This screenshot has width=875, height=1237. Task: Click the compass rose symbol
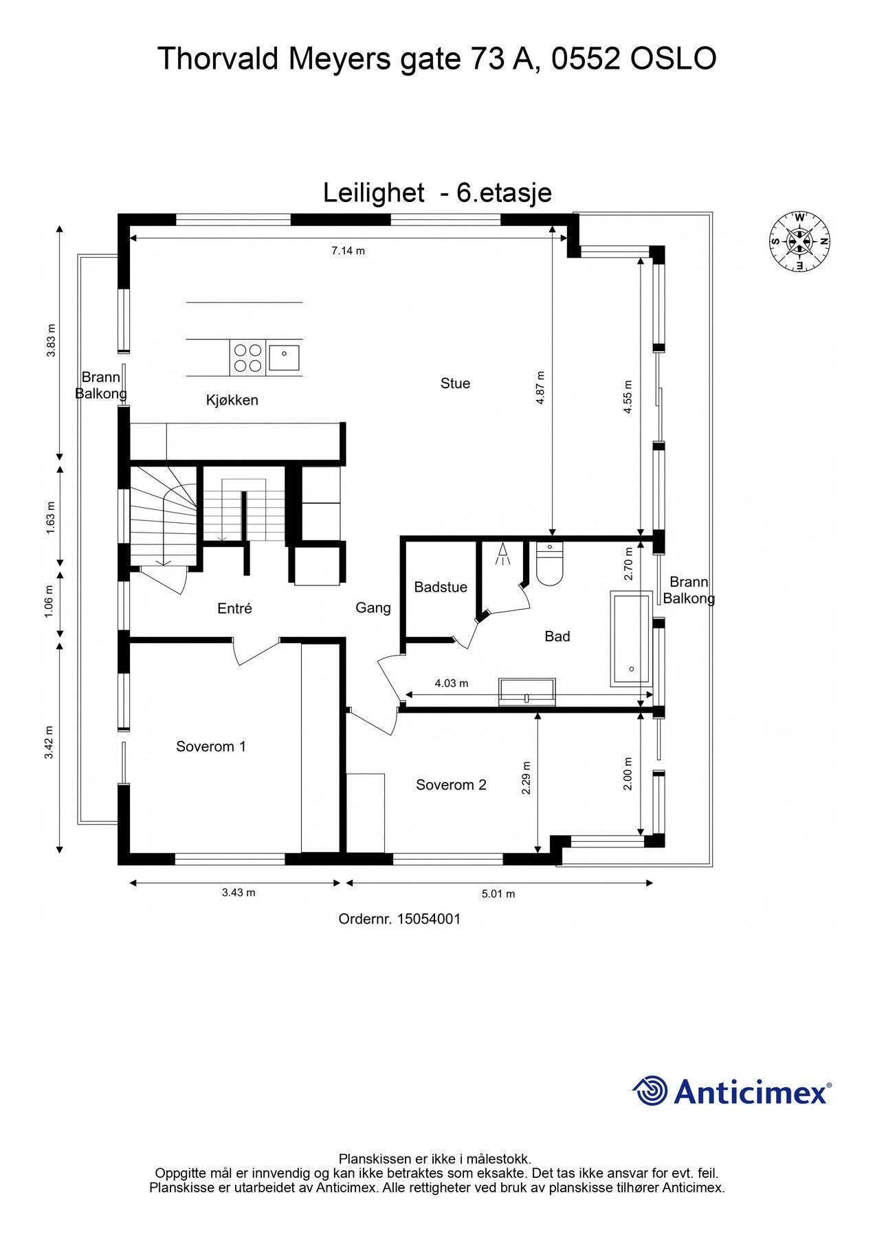coord(799,241)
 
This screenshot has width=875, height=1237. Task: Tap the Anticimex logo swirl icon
coord(650,1091)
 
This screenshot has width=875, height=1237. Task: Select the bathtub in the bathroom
coord(631,638)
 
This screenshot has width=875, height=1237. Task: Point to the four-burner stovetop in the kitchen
coord(247,357)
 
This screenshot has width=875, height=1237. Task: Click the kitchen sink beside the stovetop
coord(285,357)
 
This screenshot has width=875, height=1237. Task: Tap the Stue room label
coord(455,383)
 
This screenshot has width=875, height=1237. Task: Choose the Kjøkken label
coord(232,400)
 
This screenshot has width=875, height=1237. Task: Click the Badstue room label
coord(441,587)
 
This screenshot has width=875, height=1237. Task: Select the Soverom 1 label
coord(211,746)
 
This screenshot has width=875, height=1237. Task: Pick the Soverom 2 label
coord(451,785)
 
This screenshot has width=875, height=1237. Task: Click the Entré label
coord(234,608)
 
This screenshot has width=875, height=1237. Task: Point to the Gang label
coord(373,608)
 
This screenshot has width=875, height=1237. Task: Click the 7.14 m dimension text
coord(348,251)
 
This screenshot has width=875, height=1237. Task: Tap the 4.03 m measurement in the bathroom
coord(452,683)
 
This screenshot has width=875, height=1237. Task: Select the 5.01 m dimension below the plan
coord(498,894)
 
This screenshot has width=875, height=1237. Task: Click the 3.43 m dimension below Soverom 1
coord(239,893)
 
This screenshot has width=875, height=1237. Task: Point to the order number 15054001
coord(399,919)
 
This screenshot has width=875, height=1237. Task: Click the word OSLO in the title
coord(674,58)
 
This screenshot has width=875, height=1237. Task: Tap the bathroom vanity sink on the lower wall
coord(527,692)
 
